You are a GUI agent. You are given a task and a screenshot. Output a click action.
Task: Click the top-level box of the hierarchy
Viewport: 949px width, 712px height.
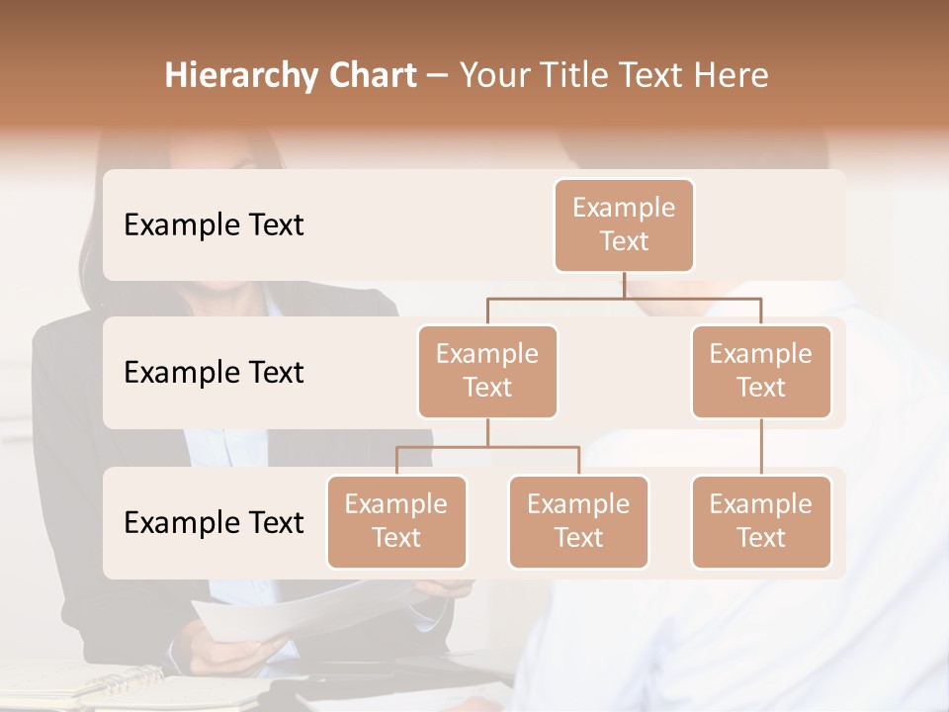(x=624, y=224)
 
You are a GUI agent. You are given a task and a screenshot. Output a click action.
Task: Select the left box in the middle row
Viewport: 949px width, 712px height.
(x=487, y=371)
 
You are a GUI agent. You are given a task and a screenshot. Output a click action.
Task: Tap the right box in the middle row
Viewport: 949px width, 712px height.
(x=761, y=371)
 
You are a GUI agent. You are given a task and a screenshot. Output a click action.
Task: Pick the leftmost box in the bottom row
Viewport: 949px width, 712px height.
(x=396, y=521)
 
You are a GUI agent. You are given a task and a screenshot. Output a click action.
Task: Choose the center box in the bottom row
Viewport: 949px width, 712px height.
(x=578, y=521)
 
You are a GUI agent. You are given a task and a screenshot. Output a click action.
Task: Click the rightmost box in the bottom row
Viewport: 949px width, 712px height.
(x=761, y=521)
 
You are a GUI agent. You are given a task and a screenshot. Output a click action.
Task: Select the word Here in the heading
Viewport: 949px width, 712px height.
(x=733, y=75)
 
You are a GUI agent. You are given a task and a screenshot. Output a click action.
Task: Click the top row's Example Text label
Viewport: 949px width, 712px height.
(x=214, y=224)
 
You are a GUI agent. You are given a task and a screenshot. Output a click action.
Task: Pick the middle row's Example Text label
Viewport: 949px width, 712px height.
(x=214, y=372)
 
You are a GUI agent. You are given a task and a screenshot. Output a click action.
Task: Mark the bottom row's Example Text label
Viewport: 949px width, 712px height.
(x=214, y=522)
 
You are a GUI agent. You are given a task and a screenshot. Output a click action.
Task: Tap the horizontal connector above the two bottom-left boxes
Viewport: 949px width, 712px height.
(x=487, y=447)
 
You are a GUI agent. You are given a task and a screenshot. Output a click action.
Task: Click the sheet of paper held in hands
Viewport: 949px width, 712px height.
(x=297, y=608)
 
